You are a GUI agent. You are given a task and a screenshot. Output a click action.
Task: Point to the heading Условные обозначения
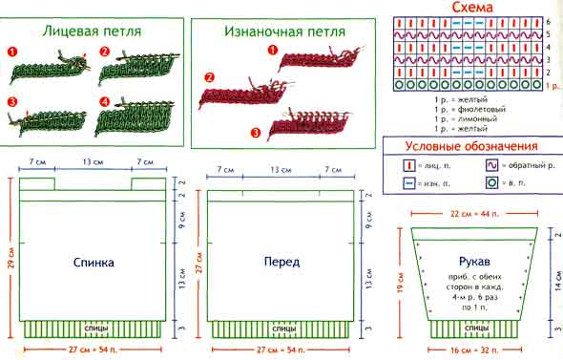click(x=472, y=146)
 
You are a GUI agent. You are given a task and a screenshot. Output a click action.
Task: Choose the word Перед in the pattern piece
click(x=282, y=261)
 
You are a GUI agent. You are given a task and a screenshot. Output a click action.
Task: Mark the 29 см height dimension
click(x=10, y=258)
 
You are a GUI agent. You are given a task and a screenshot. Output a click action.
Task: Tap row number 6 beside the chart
click(x=548, y=21)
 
